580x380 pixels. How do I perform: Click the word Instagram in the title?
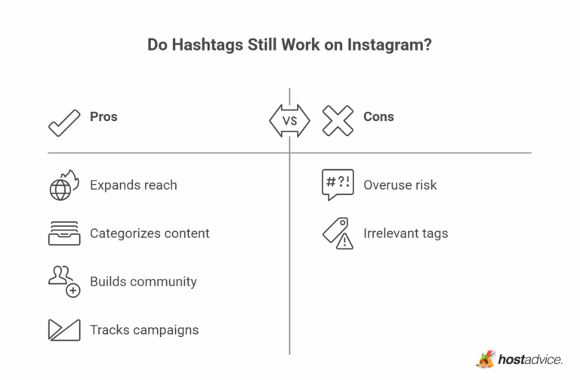coord(390,45)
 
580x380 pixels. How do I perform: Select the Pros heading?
coord(103,117)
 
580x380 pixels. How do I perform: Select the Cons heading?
coord(378,117)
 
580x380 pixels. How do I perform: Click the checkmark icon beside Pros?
coord(64,122)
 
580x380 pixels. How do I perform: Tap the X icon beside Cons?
coord(338,121)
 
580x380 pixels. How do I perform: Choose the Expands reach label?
coord(133,185)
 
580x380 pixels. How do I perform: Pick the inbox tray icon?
coord(64,233)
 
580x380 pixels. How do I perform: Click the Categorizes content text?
coord(150,233)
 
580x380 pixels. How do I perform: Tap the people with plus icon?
coord(64,282)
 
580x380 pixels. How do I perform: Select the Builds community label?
coord(143,282)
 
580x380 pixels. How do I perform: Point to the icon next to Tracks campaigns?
coord(64,329)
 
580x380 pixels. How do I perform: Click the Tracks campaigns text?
coord(144,329)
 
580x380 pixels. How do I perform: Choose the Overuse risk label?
coord(400,185)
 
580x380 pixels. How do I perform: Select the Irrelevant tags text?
coord(406,233)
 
